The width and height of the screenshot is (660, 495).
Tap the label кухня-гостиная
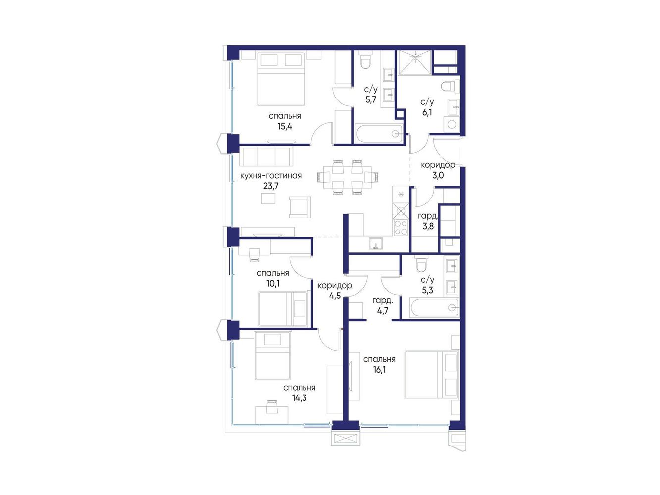click(271, 176)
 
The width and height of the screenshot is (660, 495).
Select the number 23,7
click(271, 186)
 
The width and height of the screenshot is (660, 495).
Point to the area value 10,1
click(273, 283)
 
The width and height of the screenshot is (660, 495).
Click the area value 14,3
click(299, 398)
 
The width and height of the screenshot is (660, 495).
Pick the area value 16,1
click(379, 370)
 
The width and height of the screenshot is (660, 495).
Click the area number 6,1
click(427, 113)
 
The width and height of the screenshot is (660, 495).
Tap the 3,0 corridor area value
click(438, 175)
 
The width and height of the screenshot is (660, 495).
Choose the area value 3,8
click(428, 226)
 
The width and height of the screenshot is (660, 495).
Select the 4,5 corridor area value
click(335, 296)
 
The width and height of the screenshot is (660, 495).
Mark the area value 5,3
click(427, 290)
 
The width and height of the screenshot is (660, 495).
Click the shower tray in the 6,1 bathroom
click(414, 62)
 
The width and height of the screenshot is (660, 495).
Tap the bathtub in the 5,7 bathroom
click(379, 133)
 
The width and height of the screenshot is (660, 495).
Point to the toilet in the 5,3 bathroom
click(420, 263)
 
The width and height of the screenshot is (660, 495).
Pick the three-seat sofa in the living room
click(266, 156)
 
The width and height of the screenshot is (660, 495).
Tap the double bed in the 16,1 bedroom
click(431, 375)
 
